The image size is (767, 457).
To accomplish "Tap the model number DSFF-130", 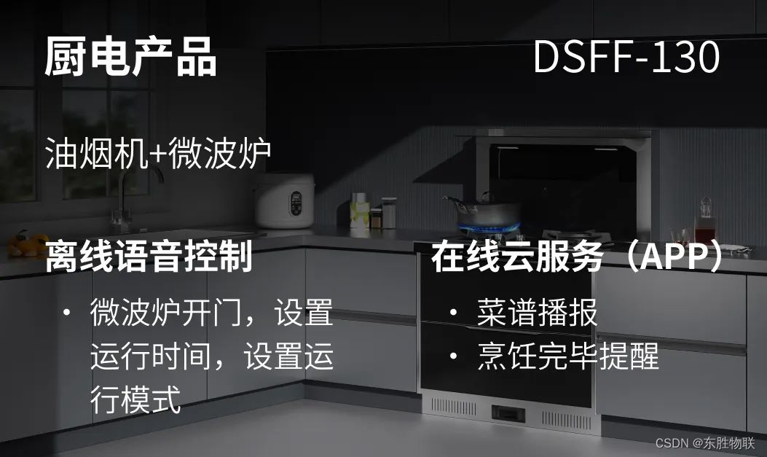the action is (x=626, y=57).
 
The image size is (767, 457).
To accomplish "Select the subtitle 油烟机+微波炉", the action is (x=158, y=154).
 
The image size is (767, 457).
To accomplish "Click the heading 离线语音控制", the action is (x=149, y=257).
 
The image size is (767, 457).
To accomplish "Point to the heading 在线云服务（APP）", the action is (x=580, y=257).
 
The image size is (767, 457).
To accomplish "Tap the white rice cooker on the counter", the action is (x=285, y=200).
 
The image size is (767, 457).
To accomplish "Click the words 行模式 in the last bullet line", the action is (x=135, y=400).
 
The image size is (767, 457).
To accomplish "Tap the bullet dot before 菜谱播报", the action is (x=454, y=313).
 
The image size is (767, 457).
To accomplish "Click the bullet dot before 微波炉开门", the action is (x=66, y=313).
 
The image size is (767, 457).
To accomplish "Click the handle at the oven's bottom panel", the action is (x=509, y=413).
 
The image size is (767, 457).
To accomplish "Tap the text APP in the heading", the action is (x=668, y=257).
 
